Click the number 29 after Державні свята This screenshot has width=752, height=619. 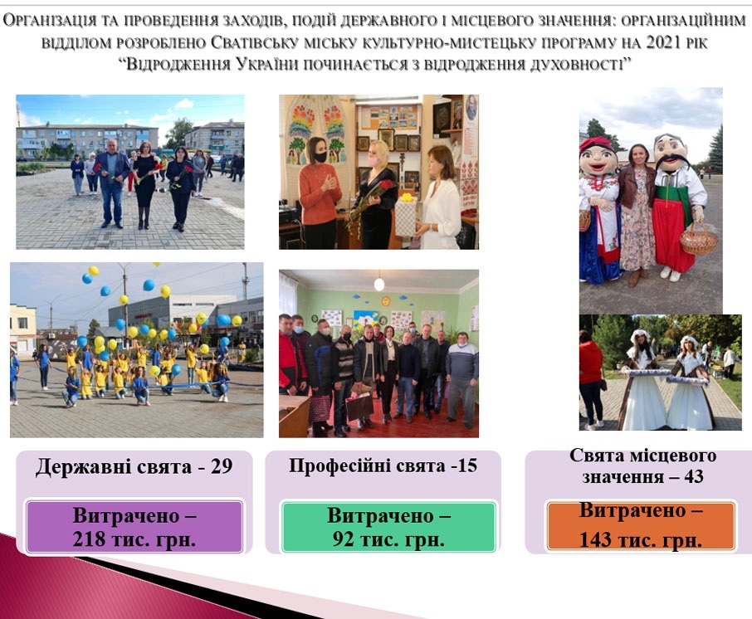(x=222, y=466)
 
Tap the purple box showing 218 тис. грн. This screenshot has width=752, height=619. (x=134, y=526)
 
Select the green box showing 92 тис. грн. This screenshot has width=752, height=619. (x=388, y=526)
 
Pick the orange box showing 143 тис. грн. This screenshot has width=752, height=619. (x=641, y=525)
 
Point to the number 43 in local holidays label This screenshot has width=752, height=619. (x=694, y=476)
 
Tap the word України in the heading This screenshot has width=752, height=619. (x=267, y=64)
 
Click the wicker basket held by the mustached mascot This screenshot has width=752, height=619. (x=698, y=240)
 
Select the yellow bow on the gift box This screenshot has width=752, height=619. (x=407, y=197)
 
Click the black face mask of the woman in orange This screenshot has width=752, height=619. (x=320, y=156)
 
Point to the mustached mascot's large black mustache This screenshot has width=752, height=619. (x=672, y=162)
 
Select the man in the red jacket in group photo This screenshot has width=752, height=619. (x=289, y=355)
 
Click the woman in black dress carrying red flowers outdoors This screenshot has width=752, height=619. (x=144, y=184)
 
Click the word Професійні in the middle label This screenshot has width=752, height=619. (x=339, y=466)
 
